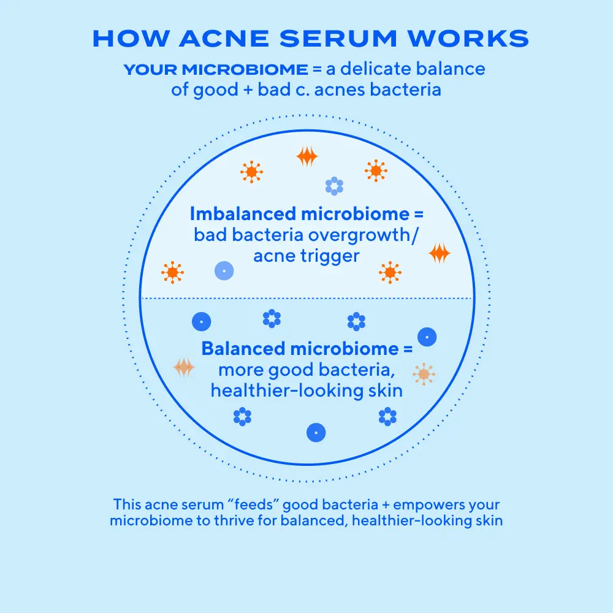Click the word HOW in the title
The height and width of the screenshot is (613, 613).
coord(131,39)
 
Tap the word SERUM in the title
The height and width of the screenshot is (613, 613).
coord(338,39)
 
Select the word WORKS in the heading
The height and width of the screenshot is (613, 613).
coord(468,39)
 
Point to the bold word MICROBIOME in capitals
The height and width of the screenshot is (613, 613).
coord(245,70)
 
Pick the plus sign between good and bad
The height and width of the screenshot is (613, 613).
coord(248,90)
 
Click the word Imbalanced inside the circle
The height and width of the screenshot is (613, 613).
coord(243,214)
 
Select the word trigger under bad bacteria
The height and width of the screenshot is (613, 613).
coord(330,257)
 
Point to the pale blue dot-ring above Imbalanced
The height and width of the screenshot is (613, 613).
coord(334,186)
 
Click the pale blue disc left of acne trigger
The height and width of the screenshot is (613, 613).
coord(224,270)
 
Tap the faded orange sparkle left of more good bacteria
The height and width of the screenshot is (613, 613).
coord(184,367)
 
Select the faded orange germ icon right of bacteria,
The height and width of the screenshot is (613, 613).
coord(424,374)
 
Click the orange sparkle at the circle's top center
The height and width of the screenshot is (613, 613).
coord(307,156)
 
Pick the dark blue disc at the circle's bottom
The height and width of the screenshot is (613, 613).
coord(316,432)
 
